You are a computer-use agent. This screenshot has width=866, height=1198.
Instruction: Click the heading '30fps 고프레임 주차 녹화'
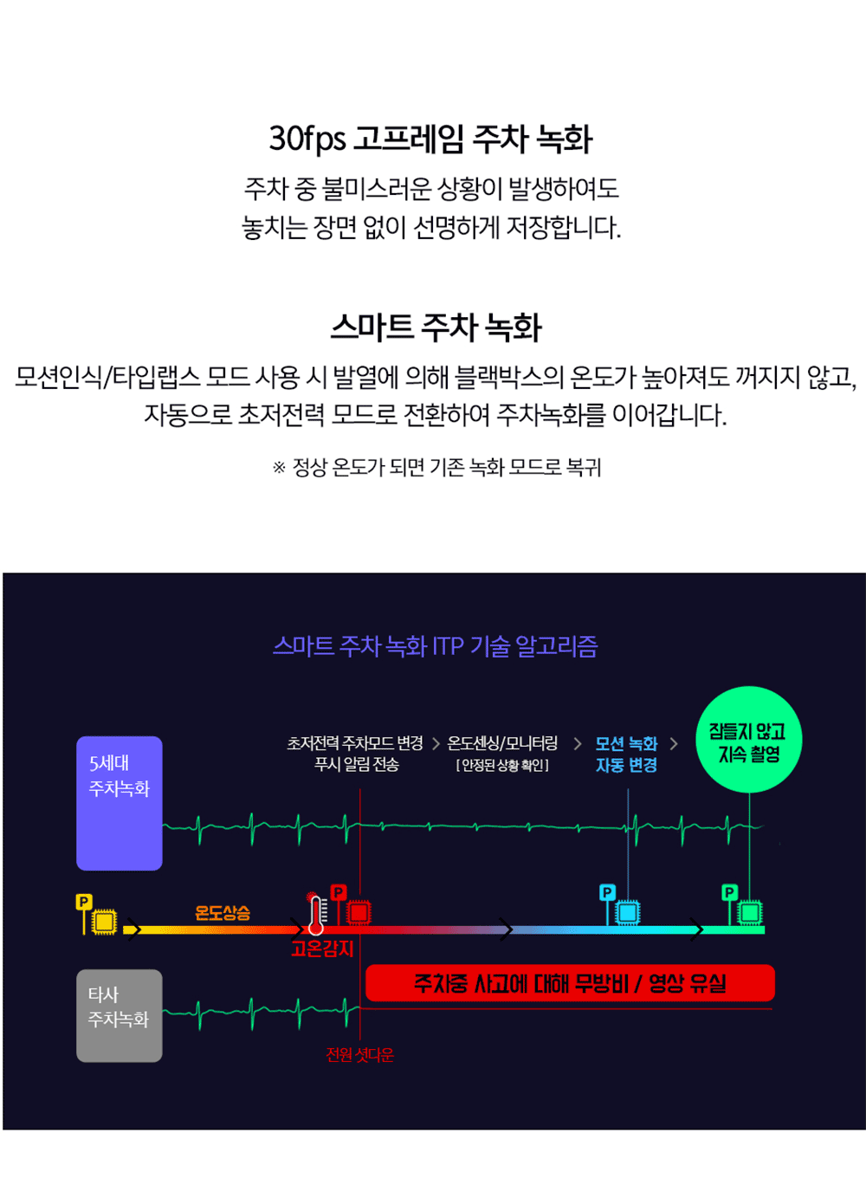[430, 139]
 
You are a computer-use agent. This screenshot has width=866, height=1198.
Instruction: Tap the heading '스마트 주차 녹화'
[436, 327]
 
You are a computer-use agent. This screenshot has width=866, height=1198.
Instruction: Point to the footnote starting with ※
[436, 468]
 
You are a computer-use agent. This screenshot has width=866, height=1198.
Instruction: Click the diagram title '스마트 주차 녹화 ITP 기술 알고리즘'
[435, 646]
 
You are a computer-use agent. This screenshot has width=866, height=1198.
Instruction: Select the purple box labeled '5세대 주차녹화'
[120, 802]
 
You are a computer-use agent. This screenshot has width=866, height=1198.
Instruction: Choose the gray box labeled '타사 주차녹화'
[120, 1014]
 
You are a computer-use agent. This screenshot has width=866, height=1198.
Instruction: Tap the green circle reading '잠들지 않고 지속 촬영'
[748, 741]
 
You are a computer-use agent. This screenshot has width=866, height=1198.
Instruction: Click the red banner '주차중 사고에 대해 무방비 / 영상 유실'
[570, 983]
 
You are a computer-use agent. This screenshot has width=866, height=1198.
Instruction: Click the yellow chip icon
[104, 920]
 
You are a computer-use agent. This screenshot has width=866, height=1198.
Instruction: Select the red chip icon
[359, 912]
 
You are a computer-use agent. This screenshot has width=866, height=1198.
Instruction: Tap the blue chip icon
[628, 912]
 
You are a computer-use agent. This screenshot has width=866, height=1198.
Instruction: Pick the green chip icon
[750, 912]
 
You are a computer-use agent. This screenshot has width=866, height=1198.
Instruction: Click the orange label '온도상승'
[223, 912]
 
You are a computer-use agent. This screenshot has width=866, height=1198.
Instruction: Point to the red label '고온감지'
[322, 949]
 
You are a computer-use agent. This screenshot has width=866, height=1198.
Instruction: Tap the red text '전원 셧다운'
[359, 1054]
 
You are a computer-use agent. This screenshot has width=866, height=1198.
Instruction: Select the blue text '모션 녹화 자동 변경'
[626, 754]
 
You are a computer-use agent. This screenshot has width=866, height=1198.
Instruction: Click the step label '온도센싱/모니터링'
[502, 743]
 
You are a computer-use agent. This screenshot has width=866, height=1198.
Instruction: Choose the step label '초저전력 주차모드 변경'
[355, 743]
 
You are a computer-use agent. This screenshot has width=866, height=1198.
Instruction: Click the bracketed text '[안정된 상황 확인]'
[502, 766]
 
